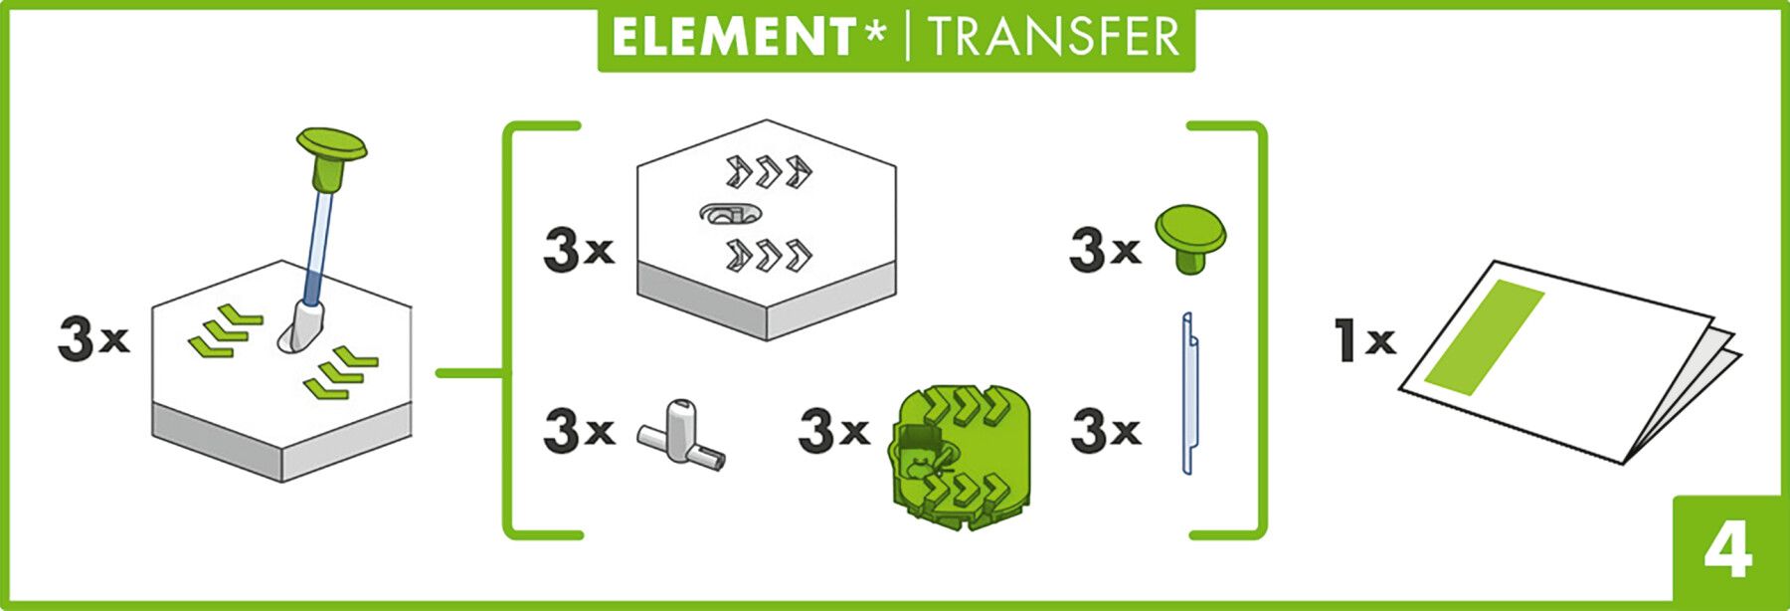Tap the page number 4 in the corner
point(1727,552)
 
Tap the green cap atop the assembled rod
point(331,149)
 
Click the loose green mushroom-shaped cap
point(1190,237)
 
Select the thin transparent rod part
point(1188,393)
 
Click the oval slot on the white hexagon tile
point(731,213)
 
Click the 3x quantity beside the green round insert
point(833,430)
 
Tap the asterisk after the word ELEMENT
point(874,33)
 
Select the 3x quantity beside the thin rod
point(1105,430)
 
